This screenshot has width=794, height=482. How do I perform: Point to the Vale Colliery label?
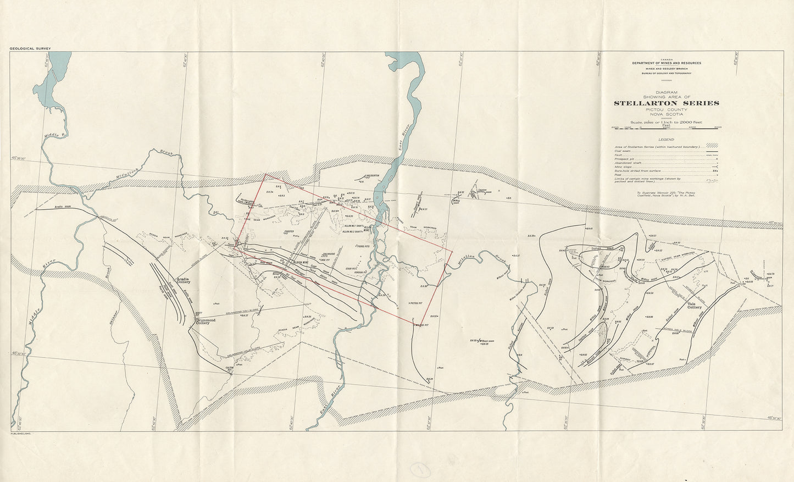(694, 305)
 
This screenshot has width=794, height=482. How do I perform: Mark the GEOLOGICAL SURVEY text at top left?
(30, 49)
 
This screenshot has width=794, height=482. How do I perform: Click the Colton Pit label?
(230, 369)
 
